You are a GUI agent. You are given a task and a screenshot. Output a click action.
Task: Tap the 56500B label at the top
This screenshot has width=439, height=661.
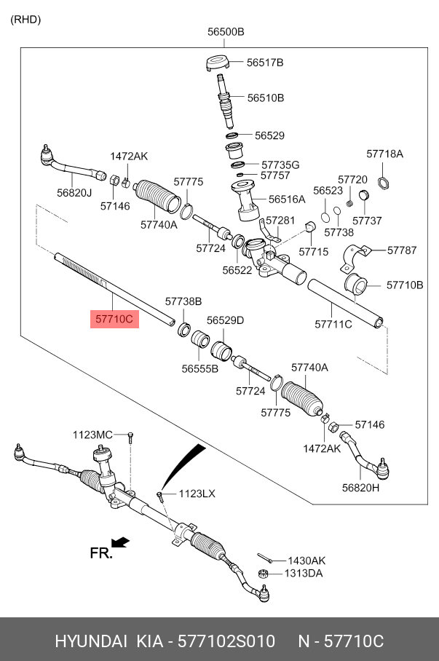225,31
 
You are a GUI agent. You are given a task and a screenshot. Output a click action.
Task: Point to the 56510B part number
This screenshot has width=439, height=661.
265,97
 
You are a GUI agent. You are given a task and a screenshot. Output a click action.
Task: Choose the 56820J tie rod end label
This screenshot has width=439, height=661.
74,193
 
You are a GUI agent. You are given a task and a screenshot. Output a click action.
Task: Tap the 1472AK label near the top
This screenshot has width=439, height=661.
129,156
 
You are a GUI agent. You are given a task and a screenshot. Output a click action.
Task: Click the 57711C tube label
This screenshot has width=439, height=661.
333,323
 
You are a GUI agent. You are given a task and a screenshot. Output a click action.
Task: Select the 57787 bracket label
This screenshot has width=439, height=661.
401,250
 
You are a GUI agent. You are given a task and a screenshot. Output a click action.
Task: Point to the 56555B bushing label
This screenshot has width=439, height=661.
200,369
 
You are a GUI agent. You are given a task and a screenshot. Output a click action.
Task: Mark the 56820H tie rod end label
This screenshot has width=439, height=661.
361,488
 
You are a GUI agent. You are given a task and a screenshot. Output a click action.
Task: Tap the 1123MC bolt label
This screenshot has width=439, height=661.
92,435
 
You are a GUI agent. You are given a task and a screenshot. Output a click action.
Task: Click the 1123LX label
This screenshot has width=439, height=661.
197,494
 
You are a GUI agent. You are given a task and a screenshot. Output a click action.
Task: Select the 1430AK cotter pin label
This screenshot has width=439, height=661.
306,561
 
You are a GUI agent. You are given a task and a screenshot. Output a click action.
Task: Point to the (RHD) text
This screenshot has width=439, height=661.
25,19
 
